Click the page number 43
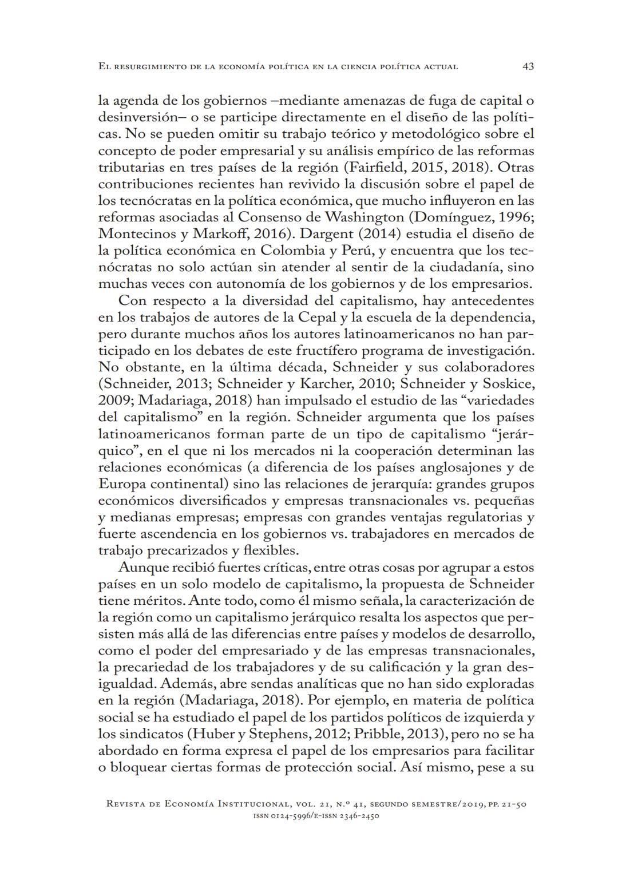pyautogui.click(x=528, y=66)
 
